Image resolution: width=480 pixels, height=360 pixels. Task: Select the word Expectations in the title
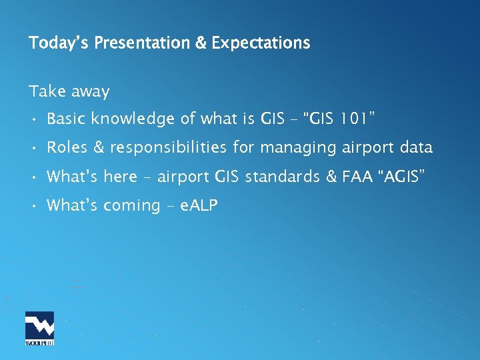tap(261, 43)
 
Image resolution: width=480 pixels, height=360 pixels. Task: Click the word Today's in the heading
tap(59, 43)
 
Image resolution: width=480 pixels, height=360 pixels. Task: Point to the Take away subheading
tap(69, 91)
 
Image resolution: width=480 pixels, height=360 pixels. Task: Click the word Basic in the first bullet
tap(67, 119)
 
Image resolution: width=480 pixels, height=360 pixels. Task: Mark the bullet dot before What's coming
tap(33, 205)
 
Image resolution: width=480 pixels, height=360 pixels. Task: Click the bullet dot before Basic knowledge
tap(33, 119)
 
